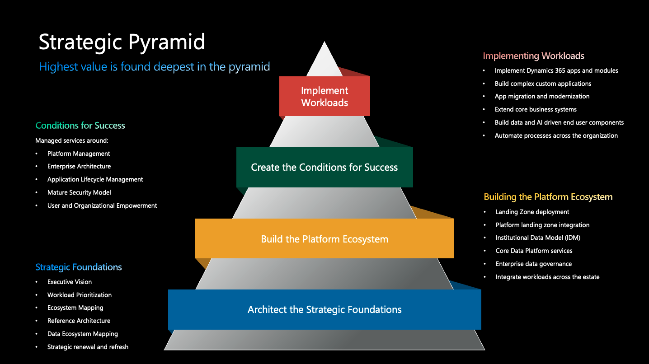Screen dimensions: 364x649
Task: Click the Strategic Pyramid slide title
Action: (122, 42)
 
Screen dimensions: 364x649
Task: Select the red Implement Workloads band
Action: (324, 97)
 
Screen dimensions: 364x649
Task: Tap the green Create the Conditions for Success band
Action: (324, 168)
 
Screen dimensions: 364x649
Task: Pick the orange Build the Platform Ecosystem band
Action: (324, 239)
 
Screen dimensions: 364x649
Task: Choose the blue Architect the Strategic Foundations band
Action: (324, 310)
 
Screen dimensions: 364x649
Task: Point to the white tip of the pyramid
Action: (324, 56)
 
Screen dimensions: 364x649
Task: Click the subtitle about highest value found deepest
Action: (155, 67)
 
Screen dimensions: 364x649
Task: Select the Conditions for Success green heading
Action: (80, 126)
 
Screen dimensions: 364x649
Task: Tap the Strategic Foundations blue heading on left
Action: (79, 267)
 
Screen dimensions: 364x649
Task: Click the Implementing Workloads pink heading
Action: (533, 56)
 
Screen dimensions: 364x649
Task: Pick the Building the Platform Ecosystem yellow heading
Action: (548, 197)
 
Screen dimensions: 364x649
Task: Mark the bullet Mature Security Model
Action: (79, 193)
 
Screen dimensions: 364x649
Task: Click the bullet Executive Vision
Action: (70, 282)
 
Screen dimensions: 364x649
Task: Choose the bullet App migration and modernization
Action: (542, 97)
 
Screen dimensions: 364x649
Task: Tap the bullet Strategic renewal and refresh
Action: (88, 347)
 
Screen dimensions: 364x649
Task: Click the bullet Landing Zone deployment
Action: (532, 212)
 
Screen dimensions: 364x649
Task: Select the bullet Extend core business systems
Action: (536, 110)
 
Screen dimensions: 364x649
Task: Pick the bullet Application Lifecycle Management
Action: (95, 180)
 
